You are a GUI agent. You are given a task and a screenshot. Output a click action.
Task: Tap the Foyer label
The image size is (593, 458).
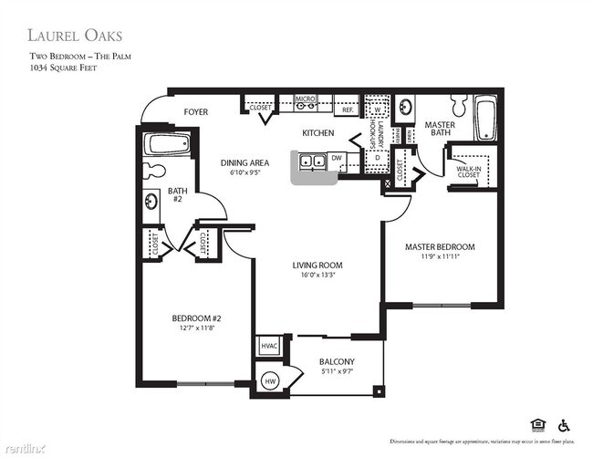(x=196, y=112)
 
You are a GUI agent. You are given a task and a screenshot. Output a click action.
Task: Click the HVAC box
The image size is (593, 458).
(x=269, y=346)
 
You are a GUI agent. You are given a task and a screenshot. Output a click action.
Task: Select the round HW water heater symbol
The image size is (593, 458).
(x=270, y=381)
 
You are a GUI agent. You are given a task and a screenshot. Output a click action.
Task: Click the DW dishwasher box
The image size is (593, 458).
(x=336, y=157)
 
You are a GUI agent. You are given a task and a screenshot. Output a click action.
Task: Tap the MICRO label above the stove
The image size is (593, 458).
(x=305, y=98)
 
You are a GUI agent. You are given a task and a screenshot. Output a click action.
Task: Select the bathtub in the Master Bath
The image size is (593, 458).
(x=484, y=120)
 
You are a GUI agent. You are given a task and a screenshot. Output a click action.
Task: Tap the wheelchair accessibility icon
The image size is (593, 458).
(x=563, y=424)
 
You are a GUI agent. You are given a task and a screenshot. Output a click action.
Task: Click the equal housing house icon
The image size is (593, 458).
(x=536, y=424)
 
